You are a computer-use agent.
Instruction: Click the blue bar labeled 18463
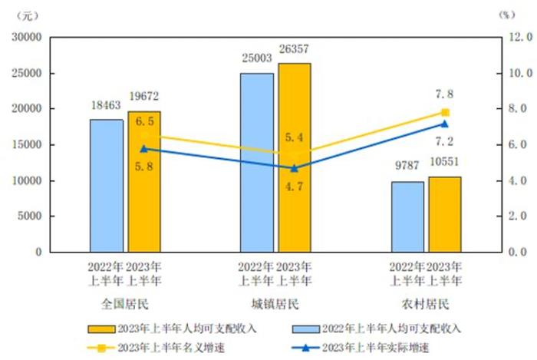point(106,186)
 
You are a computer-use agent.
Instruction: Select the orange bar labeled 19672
point(144,181)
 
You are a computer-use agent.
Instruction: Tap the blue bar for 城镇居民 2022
point(257,163)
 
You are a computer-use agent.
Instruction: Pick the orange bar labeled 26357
point(295,157)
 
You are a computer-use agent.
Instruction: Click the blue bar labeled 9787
point(407,217)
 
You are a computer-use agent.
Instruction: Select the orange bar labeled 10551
point(445,214)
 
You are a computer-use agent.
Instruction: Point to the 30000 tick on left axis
point(26,37)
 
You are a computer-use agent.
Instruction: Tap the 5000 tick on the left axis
point(29,216)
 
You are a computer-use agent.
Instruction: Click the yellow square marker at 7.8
point(445,112)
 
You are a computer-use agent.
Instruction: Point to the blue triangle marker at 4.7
point(295,167)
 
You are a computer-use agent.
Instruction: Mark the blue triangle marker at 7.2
point(444,123)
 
